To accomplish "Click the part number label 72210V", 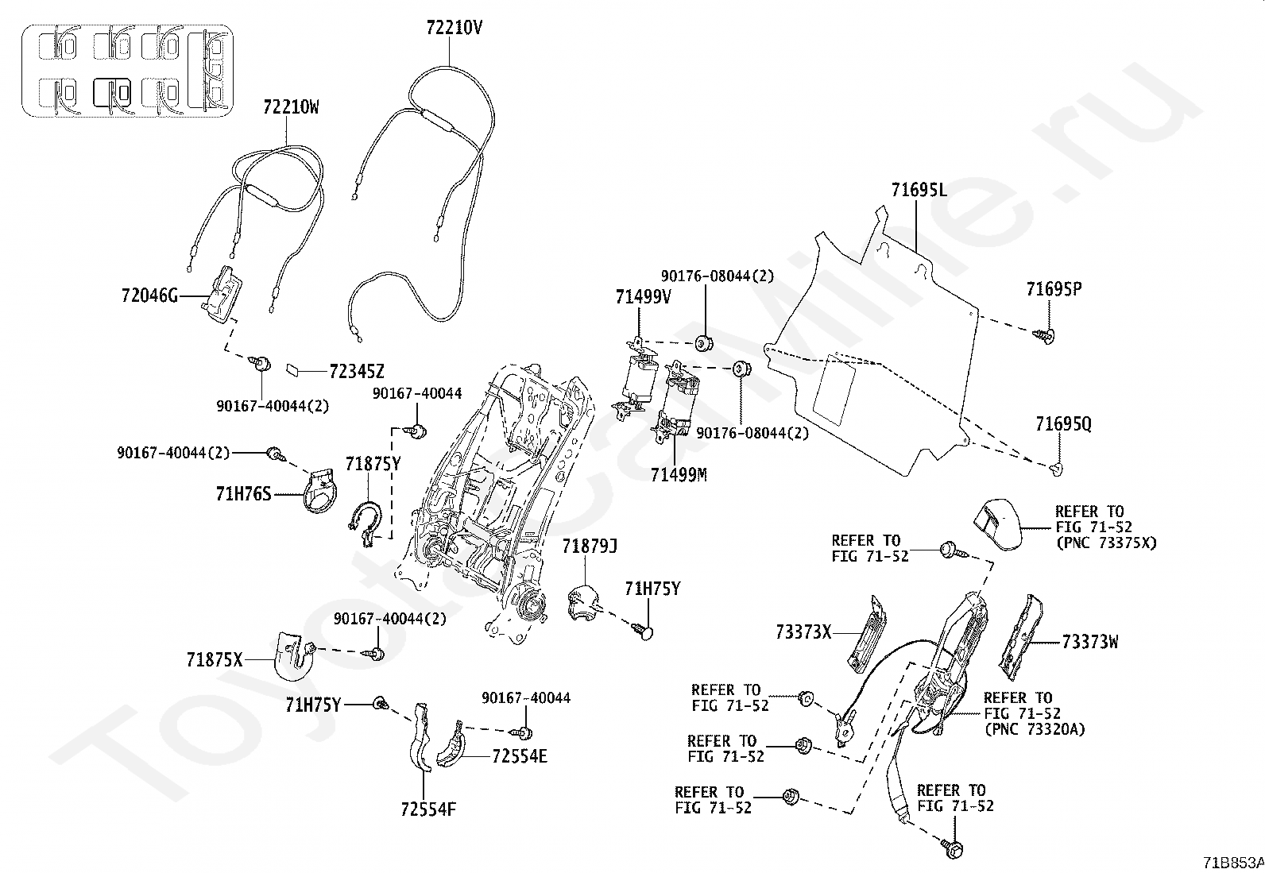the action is [454, 28].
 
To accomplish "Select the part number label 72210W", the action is [291, 106].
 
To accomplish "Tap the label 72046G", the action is [149, 296].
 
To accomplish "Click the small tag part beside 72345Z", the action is [294, 370].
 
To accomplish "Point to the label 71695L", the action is [919, 190].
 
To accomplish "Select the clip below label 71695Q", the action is [1057, 469].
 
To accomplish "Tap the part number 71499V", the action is [644, 296].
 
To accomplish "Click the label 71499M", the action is [679, 475].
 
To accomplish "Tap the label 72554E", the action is [520, 756].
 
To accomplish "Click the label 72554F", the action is [428, 809].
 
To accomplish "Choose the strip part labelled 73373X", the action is [867, 635].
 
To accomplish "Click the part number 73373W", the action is [1090, 642].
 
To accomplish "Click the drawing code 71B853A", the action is [1233, 863].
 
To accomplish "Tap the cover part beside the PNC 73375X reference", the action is [997, 524].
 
